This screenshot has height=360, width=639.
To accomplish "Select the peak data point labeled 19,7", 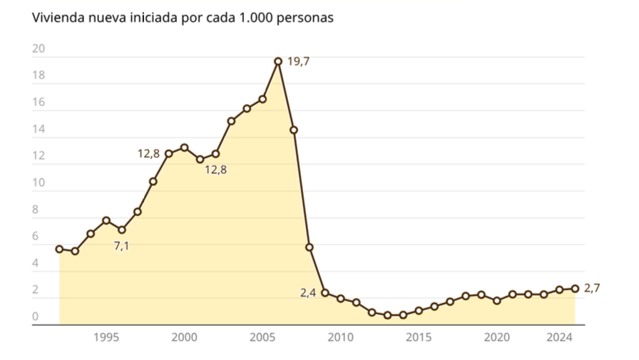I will coord(278,61).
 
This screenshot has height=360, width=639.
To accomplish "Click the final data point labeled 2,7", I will coord(575,289).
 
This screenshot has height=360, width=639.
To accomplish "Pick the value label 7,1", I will coord(122,246).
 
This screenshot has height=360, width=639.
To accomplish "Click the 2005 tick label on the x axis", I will coord(262,336).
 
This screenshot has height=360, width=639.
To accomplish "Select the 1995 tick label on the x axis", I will coord(106,336).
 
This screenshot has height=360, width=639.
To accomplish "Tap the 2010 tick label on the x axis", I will coord(341,336).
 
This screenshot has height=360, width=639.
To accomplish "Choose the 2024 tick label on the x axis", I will coord(559,336).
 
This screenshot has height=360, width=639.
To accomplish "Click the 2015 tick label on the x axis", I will coord(419,336).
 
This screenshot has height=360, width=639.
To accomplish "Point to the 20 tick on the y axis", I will coord(39,49).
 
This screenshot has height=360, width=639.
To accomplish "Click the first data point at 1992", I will coord(59,249).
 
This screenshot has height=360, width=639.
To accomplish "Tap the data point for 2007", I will coord(294,130).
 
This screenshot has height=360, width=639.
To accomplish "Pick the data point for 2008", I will coord(310,247).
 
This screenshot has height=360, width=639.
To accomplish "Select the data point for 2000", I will coord(185,148).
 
